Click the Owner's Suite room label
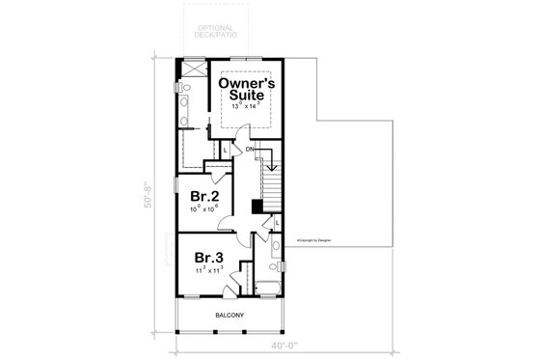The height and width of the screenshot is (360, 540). coord(249,91)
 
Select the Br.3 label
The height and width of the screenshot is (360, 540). coord(210,259)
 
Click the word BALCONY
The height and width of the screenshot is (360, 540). coord(229,316)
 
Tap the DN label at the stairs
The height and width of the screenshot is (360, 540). coord(250,150)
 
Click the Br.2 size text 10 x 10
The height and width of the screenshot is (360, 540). coord(203,208)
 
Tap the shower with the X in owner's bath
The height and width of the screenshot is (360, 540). coord(190,69)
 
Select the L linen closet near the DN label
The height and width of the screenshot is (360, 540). coord(226,151)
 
